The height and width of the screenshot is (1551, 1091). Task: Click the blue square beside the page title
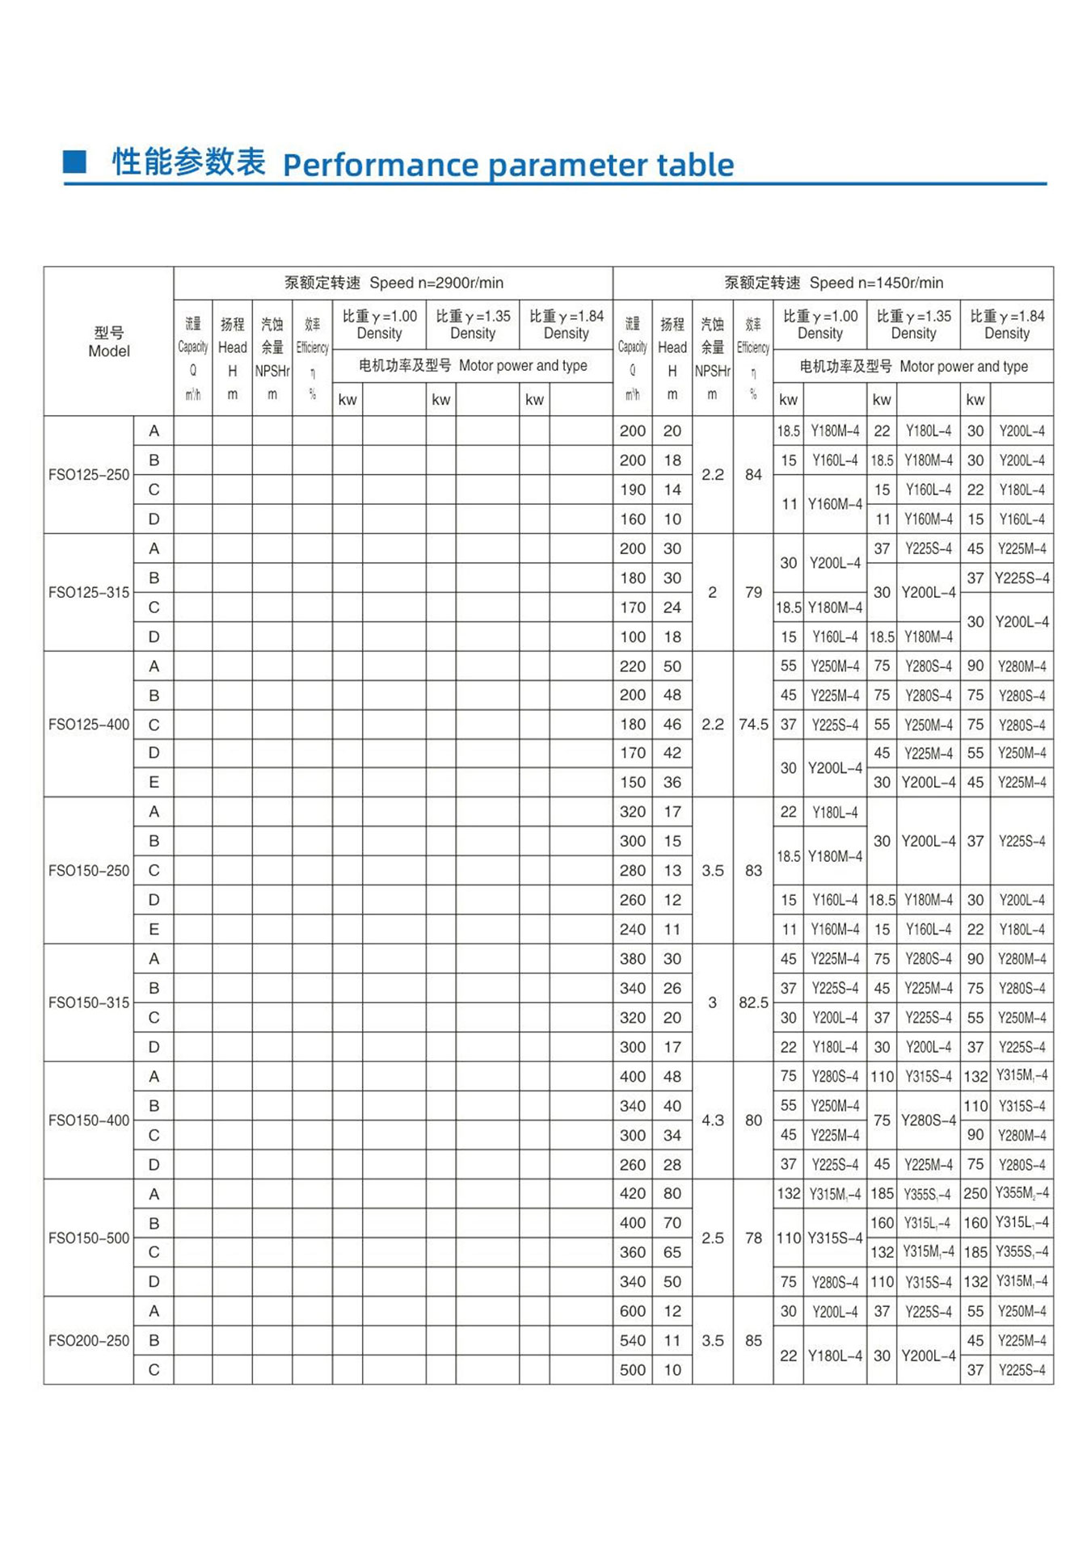(x=74, y=162)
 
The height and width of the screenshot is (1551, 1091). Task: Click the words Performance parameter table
(x=508, y=165)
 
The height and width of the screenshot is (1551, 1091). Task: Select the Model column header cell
(x=108, y=342)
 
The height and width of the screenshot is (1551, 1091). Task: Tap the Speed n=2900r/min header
(x=394, y=283)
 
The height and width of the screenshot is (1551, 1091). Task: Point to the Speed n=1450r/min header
(x=833, y=283)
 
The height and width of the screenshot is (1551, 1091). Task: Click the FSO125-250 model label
(x=89, y=475)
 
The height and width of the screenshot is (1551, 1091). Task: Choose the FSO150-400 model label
(x=89, y=1120)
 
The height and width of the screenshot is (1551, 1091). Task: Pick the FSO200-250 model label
(x=89, y=1341)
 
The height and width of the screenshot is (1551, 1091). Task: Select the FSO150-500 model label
(x=89, y=1238)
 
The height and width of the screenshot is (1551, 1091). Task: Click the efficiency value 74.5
(x=753, y=725)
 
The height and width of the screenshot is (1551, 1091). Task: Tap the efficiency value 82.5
(x=753, y=1002)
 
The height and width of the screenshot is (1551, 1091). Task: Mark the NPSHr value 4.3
(x=712, y=1120)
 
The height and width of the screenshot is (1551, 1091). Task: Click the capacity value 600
(x=633, y=1311)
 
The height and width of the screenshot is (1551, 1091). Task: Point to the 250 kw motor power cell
(x=975, y=1193)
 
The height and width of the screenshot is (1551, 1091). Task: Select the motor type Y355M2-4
(x=1022, y=1193)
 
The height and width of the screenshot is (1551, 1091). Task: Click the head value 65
(x=672, y=1252)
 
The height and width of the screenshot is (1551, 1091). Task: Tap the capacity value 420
(x=633, y=1193)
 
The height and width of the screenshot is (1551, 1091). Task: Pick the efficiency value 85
(x=753, y=1341)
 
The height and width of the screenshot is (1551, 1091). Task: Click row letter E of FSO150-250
(x=154, y=930)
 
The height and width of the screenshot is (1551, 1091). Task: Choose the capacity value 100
(x=633, y=637)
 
